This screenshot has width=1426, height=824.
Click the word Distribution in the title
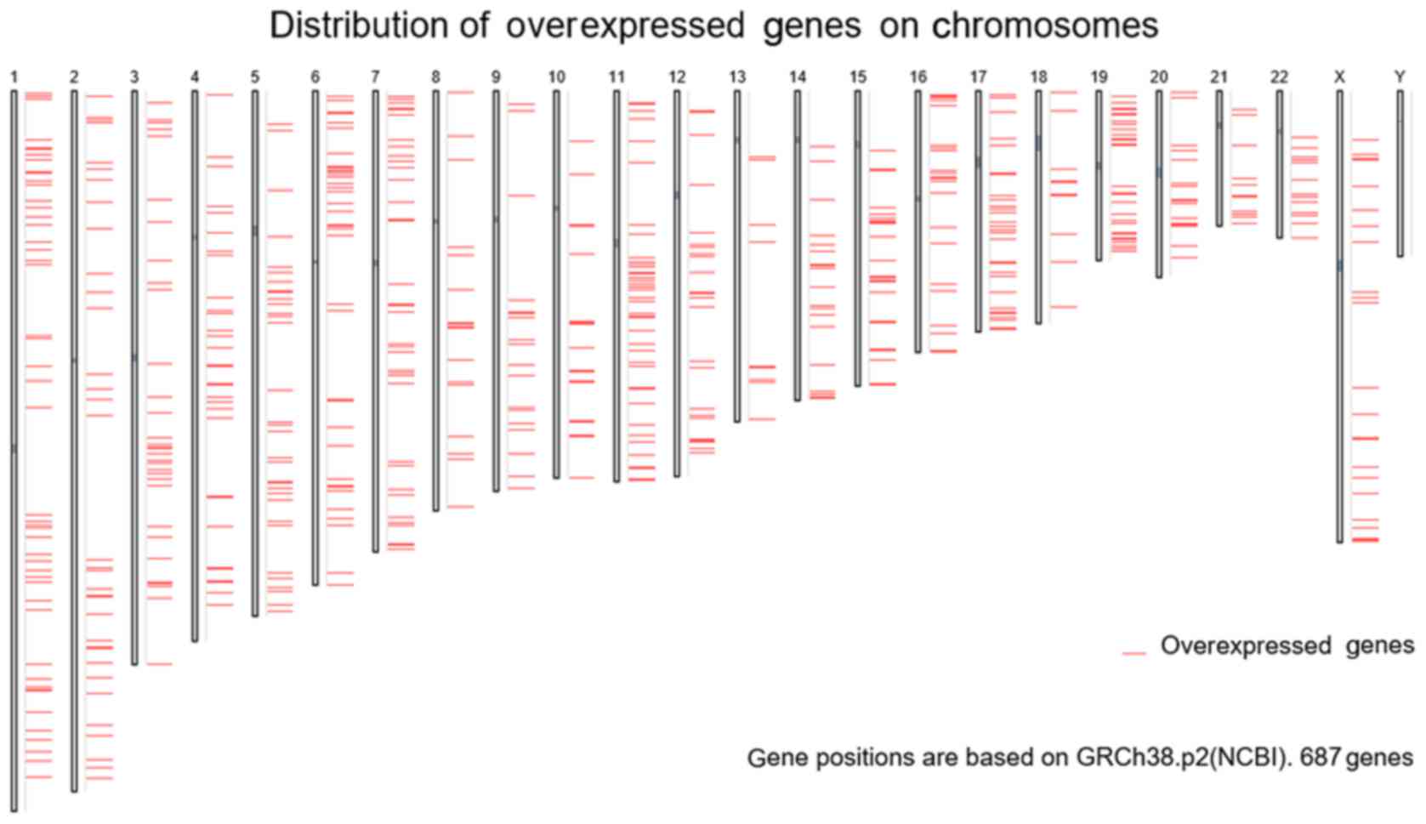tap(379, 26)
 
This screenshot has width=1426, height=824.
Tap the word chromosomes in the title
tap(1045, 26)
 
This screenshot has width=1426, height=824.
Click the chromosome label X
tap(1339, 77)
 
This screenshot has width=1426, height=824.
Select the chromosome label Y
tap(1400, 77)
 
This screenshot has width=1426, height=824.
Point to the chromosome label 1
tap(14, 77)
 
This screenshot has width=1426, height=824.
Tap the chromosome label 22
tap(1279, 77)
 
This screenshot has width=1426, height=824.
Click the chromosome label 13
tap(737, 77)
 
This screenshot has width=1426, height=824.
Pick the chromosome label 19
tap(1099, 77)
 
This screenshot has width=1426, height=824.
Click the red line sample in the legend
tap(1133, 653)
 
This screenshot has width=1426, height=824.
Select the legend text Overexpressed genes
tap(1287, 645)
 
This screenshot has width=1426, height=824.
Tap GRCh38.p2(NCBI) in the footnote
tap(1179, 758)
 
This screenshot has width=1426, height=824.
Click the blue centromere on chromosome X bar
tap(1339, 265)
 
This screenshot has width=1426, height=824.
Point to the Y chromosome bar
tap(1400, 173)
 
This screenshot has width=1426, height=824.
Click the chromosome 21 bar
tap(1219, 158)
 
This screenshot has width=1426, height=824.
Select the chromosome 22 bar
tap(1280, 164)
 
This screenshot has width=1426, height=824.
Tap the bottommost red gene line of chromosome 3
tap(159, 664)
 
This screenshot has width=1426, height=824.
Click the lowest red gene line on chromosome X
tap(1365, 540)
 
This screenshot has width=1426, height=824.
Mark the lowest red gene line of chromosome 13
tap(762, 419)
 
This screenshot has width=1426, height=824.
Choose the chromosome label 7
tap(376, 77)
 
